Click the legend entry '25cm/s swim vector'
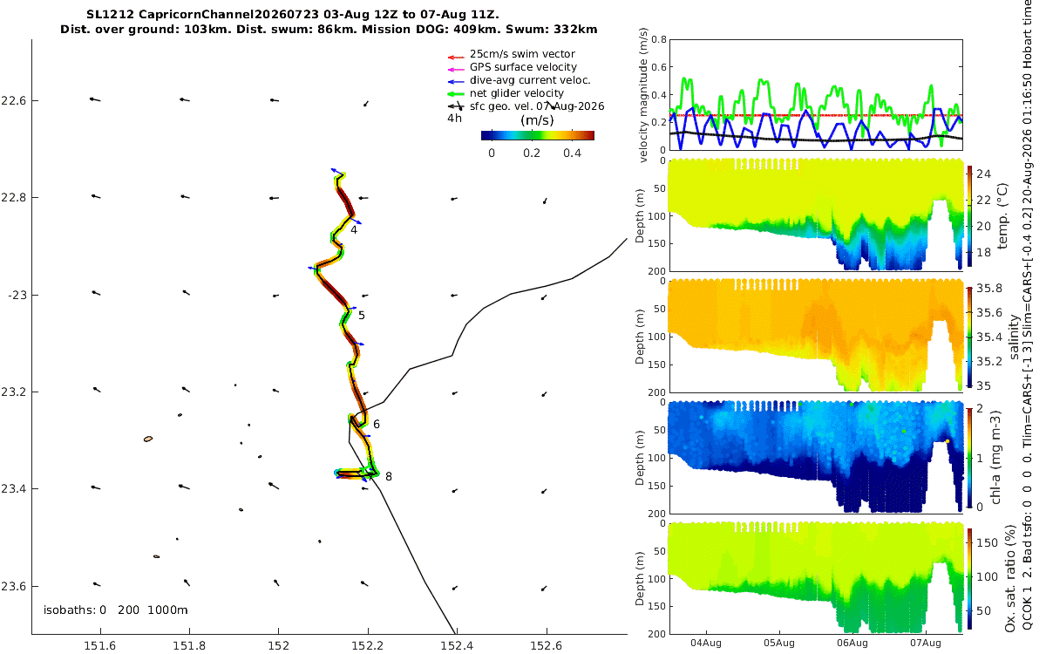tap(522, 54)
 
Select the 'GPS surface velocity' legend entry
tap(523, 67)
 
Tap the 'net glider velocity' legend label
tap(516, 93)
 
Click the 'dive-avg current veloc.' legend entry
tap(530, 80)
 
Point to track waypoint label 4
tap(354, 230)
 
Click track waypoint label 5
tap(362, 316)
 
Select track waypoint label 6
tap(377, 424)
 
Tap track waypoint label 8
tap(389, 476)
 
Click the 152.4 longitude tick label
tap(457, 645)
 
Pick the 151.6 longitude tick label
tap(99, 645)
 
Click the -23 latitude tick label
tap(17, 296)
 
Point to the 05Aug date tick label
tap(779, 643)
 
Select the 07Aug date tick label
tap(926, 643)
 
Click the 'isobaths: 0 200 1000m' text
tap(116, 610)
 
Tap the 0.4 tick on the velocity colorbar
tap(572, 153)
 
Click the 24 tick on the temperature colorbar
tap(983, 174)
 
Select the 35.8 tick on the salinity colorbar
tap(989, 289)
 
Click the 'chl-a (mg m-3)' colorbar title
tap(996, 458)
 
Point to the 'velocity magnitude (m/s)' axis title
tap(643, 95)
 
